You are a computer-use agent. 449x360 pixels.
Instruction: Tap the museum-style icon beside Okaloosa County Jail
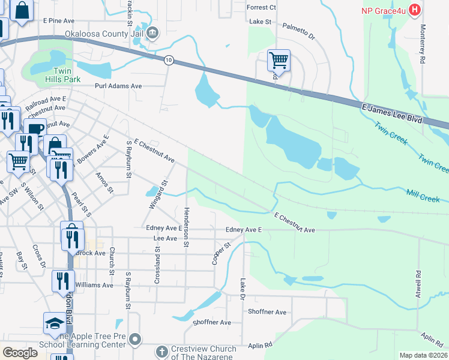(152, 32)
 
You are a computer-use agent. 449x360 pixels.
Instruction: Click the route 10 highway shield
(169, 59)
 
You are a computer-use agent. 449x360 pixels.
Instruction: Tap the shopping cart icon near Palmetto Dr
(278, 60)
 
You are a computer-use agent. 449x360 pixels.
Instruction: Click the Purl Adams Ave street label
(118, 86)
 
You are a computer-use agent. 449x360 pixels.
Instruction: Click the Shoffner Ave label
(268, 312)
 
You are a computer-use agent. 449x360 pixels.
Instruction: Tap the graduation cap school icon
(55, 323)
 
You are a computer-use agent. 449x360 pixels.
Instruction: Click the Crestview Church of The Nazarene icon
(161, 350)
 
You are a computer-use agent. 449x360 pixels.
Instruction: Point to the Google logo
(20, 353)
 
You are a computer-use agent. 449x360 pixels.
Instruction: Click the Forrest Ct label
(261, 8)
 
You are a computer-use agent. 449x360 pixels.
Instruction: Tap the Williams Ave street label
(94, 286)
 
